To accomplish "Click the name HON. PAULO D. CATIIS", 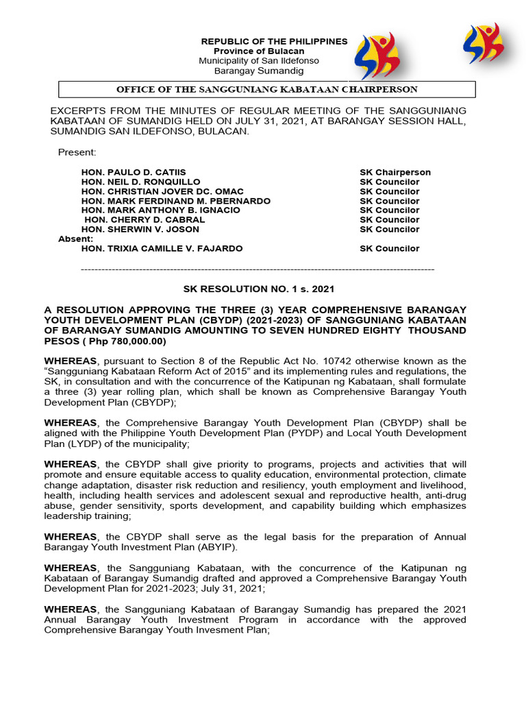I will click(x=133, y=172).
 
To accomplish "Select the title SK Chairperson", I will click(x=395, y=172).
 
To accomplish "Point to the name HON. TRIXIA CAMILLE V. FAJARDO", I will click(x=162, y=248).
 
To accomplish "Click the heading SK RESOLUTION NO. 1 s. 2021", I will click(x=258, y=289).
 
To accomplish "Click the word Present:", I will click(x=77, y=152).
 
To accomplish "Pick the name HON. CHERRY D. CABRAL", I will click(x=144, y=219).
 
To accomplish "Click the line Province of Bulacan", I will click(x=259, y=51).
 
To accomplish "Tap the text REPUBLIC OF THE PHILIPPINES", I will click(x=274, y=42).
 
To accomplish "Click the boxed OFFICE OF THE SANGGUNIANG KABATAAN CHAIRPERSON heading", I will click(x=266, y=90).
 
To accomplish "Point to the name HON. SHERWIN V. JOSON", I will click(x=140, y=229).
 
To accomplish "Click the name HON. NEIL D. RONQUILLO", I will click(x=140, y=182).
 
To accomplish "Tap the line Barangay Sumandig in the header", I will click(x=259, y=71).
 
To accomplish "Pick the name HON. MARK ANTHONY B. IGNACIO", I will click(x=160, y=210).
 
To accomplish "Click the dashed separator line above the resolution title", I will click(x=258, y=269).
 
